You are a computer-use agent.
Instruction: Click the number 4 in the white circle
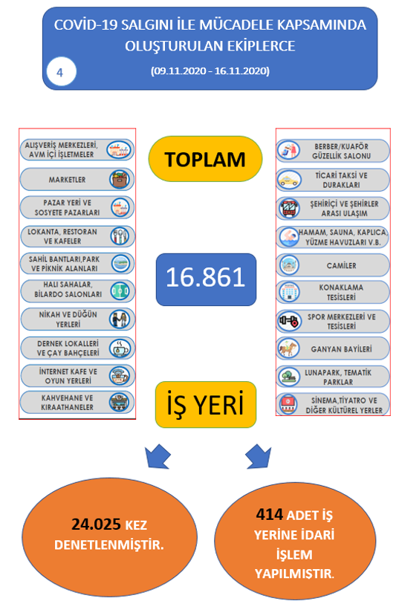tap(59, 73)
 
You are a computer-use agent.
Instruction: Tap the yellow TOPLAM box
tap(205, 159)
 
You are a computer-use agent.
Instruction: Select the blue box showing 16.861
tap(206, 279)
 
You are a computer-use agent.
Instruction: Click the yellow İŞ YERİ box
tap(206, 404)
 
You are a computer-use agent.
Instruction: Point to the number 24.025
tap(96, 525)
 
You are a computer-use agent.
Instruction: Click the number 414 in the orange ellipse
tap(270, 514)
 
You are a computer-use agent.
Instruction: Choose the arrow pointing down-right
tap(259, 456)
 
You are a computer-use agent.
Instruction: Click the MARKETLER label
tap(67, 180)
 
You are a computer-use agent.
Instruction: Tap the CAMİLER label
tap(341, 265)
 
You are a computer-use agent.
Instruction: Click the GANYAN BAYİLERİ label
tap(341, 349)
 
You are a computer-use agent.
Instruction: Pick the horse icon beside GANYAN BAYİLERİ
tap(289, 348)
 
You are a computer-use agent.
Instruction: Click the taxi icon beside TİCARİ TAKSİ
tap(289, 180)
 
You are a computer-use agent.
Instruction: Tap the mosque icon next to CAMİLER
tap(289, 265)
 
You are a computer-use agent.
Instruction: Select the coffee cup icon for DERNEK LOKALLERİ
tap(120, 348)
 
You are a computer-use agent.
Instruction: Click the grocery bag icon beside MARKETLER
tap(120, 179)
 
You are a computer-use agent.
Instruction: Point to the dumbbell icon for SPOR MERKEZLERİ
tap(289, 321)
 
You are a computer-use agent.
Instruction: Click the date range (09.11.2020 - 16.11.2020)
tap(210, 71)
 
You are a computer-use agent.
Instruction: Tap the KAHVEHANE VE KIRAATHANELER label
tap(68, 403)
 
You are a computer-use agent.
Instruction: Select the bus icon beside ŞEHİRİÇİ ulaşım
tap(289, 208)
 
